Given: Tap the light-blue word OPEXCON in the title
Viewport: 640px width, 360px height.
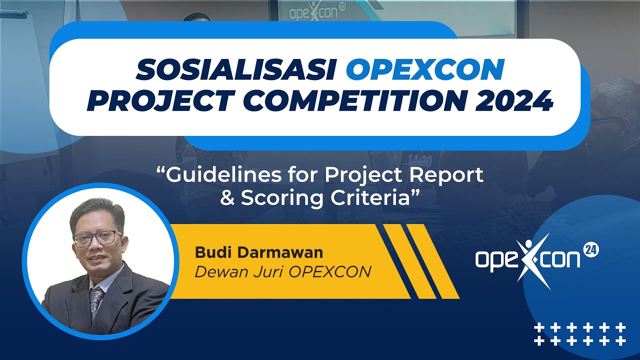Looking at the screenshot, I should pos(424,71).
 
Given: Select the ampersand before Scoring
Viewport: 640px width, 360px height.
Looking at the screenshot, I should pos(227,197).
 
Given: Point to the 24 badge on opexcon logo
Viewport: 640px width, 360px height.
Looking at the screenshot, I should pos(591,250).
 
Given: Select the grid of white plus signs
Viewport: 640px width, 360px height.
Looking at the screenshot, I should pos(579,334).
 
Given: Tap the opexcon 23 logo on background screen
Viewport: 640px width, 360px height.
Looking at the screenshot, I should pos(310,11).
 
